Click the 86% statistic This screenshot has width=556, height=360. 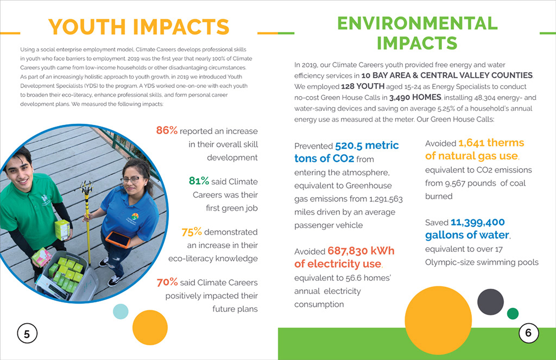(167, 131)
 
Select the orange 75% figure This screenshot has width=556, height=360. (191, 232)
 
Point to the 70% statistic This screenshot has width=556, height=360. (167, 282)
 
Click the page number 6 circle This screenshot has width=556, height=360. (528, 332)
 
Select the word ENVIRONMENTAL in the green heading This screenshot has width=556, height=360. (417, 23)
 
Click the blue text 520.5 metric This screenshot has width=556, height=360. (367, 146)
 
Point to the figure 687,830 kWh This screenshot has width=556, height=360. (361, 251)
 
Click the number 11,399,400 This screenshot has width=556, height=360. (477, 222)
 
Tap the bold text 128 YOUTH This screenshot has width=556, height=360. (363, 87)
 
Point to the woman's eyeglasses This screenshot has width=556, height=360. (130, 179)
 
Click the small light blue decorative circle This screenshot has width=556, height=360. (120, 312)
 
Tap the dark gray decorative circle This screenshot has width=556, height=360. (490, 302)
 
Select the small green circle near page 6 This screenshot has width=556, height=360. (512, 313)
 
